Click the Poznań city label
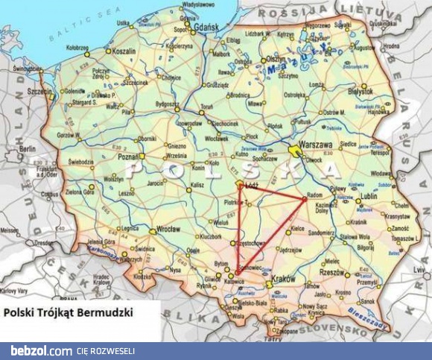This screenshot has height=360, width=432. tap(130, 157)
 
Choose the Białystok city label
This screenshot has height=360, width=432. tap(360, 92)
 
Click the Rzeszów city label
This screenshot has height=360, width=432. tap(332, 273)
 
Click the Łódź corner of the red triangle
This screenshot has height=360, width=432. tap(239, 183)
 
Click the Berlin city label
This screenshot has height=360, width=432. tap(28, 149)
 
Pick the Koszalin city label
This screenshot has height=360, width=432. tap(124, 51)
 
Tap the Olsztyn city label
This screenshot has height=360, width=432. tap(276, 58)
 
